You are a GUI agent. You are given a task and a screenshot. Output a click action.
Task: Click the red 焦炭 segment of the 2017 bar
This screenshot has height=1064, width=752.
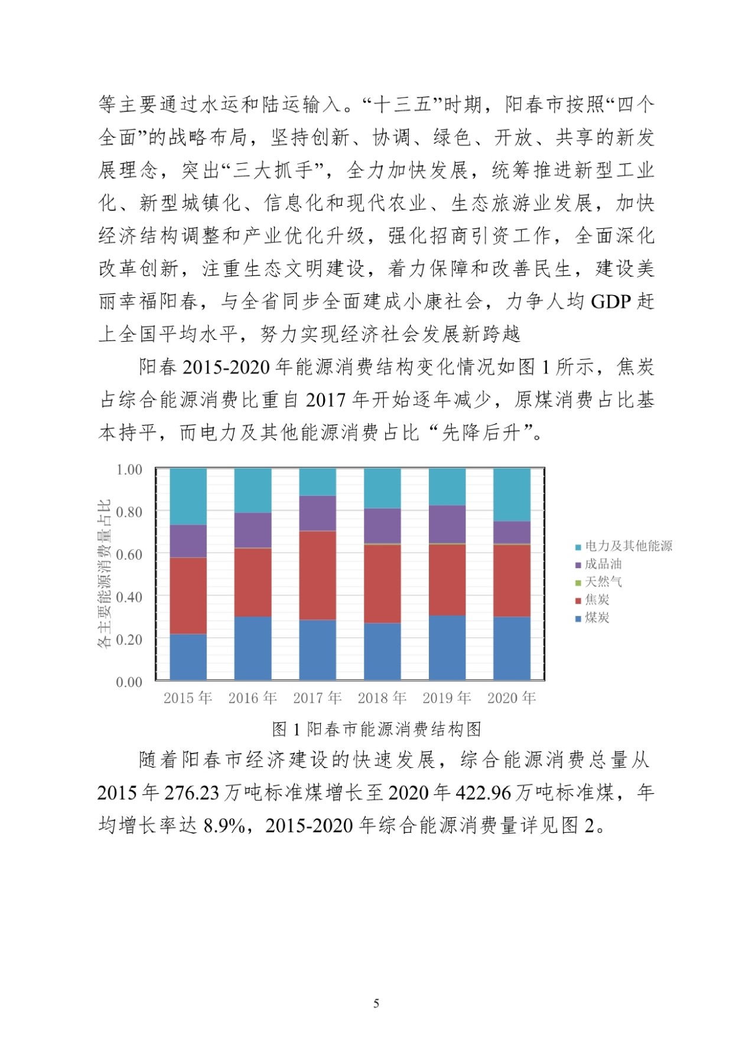click(x=318, y=575)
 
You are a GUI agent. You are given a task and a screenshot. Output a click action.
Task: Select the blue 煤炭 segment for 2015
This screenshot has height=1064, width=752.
click(x=188, y=657)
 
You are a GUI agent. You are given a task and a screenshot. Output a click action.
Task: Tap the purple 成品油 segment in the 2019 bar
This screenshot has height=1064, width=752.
click(x=447, y=524)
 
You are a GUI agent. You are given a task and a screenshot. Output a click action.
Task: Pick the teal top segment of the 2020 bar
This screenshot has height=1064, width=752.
click(x=512, y=494)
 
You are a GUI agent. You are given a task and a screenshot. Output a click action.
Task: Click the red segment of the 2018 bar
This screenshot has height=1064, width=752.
click(x=382, y=583)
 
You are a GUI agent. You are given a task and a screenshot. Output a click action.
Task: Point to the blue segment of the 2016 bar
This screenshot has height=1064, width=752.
click(x=253, y=648)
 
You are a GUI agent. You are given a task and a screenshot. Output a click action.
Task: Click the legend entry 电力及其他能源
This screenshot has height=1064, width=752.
click(x=628, y=546)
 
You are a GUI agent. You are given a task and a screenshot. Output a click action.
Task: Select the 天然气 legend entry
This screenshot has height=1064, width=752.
click(x=603, y=582)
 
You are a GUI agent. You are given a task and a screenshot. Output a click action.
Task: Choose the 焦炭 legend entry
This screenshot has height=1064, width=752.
click(x=597, y=600)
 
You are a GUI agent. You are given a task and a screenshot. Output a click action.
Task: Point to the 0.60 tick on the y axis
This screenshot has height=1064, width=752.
click(x=129, y=554)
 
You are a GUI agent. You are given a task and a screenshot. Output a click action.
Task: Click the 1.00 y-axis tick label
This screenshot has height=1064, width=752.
click(x=129, y=469)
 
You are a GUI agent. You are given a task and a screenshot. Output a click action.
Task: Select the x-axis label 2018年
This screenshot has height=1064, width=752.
click(x=382, y=698)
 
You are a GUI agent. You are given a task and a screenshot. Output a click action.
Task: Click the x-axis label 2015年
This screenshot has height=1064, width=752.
click(x=188, y=698)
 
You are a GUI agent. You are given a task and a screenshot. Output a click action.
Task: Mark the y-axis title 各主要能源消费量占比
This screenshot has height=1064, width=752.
click(x=105, y=573)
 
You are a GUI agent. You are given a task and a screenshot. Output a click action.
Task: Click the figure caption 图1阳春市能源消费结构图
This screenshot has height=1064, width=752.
click(x=376, y=729)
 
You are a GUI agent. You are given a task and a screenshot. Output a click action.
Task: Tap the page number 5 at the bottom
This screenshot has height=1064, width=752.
click(x=376, y=1003)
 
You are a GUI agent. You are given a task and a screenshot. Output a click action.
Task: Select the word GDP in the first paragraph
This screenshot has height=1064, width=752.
click(x=612, y=301)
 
